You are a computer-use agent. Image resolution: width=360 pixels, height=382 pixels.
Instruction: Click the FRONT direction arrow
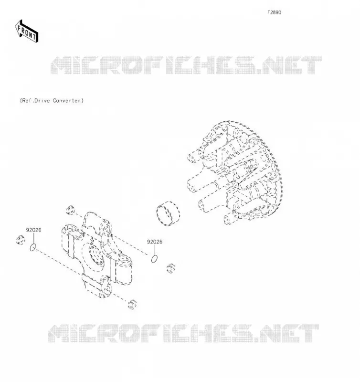(x=26, y=32)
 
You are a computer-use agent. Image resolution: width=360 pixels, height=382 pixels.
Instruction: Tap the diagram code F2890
(x=274, y=12)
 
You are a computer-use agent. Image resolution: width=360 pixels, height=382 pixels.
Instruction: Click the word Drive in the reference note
(x=42, y=101)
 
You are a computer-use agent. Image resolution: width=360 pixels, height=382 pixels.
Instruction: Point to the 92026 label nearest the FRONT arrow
(x=33, y=230)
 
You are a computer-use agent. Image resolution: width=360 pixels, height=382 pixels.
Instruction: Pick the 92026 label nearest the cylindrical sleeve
(x=154, y=242)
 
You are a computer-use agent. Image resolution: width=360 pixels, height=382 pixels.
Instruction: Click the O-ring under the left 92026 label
(x=33, y=247)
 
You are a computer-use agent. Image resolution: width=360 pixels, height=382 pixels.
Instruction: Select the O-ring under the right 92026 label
(x=154, y=259)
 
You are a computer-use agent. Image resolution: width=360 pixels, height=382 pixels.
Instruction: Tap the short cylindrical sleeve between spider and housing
(x=168, y=213)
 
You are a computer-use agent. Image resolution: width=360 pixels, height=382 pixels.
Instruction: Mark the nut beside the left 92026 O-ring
(x=21, y=240)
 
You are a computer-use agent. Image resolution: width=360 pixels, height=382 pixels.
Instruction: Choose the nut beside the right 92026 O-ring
(x=171, y=268)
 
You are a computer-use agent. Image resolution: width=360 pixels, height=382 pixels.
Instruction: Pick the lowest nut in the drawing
(x=132, y=304)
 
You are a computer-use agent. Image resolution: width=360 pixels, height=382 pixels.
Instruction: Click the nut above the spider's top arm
(x=70, y=210)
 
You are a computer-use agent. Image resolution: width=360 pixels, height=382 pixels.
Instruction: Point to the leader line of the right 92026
(x=155, y=250)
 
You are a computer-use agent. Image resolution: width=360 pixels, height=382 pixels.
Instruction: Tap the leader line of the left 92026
(x=33, y=238)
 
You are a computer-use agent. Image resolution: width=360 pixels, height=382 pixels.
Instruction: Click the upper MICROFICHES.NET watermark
(x=186, y=65)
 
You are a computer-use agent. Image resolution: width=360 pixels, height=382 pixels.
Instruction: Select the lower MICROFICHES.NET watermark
(x=183, y=333)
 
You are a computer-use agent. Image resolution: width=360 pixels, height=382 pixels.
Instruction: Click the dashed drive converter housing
(x=235, y=172)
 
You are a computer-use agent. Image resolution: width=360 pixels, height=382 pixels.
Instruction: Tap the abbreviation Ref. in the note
(x=27, y=101)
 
